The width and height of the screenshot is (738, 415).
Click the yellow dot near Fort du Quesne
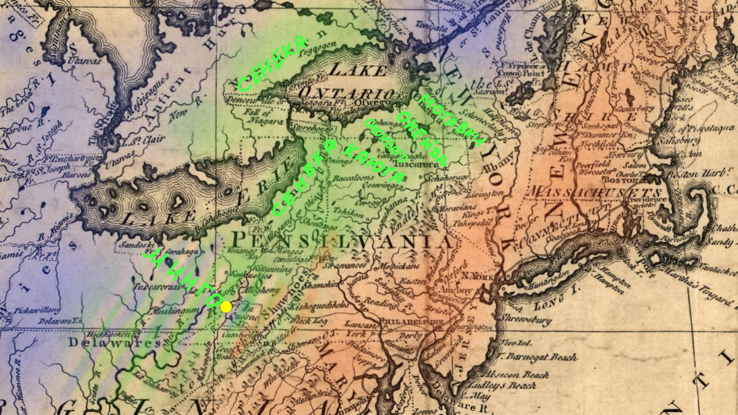click(x=226, y=306)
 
